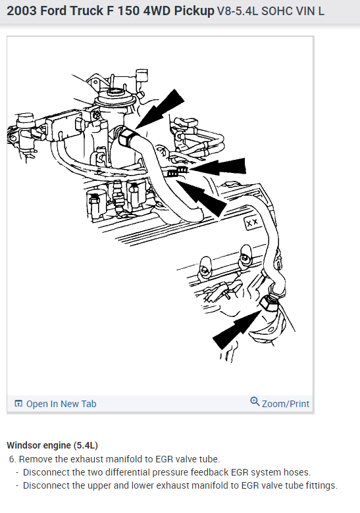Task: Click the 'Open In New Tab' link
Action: point(61,404)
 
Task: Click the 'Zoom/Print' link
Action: point(286,404)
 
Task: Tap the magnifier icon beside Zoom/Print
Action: point(255,401)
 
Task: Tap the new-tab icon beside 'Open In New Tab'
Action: point(18,404)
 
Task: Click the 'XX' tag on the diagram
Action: point(252,223)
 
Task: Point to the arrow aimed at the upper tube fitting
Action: point(161,109)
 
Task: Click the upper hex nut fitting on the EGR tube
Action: point(126,137)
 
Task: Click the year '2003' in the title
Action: point(22,11)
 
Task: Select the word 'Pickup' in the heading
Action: point(193,11)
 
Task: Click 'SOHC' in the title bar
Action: point(276,11)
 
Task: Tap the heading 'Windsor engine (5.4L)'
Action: point(53,445)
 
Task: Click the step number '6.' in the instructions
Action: point(13,459)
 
